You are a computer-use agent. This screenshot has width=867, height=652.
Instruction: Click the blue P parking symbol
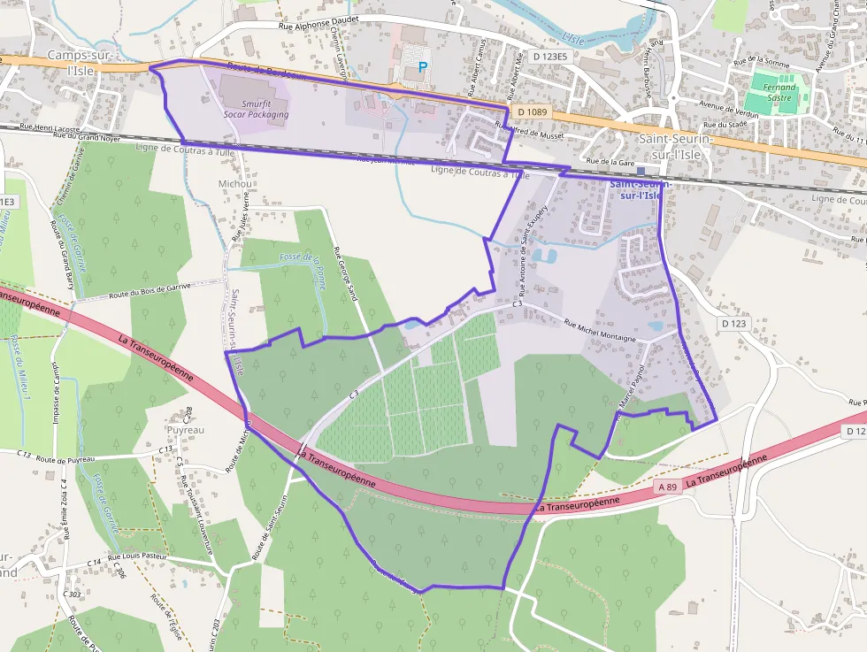(x=422, y=66)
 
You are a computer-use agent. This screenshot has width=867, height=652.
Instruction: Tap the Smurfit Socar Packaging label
(x=256, y=109)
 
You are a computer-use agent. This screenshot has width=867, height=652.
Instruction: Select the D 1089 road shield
(x=533, y=111)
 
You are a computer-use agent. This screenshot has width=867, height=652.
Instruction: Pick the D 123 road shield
(x=734, y=324)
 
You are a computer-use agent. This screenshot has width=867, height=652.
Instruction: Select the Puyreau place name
(x=185, y=430)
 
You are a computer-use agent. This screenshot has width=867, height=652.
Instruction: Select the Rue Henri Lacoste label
(x=50, y=127)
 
